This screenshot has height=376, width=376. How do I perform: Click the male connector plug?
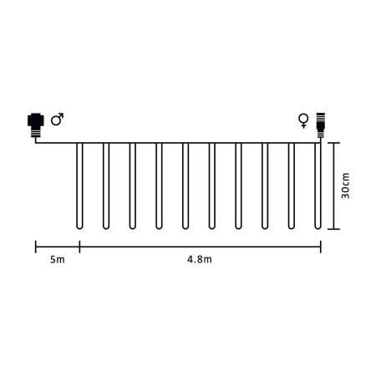click(x=36, y=124)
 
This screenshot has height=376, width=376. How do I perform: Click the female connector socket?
click(x=321, y=125)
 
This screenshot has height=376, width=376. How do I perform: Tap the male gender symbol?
click(x=57, y=119)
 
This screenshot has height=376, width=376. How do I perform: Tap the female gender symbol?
click(x=303, y=120)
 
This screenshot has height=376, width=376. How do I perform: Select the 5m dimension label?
click(x=58, y=260)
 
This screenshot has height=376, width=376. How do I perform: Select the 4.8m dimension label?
click(x=200, y=260)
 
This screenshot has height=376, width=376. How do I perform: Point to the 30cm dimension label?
click(x=345, y=185)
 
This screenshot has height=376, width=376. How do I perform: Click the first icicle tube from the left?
click(x=79, y=186)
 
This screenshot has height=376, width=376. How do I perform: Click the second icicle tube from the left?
click(x=106, y=186)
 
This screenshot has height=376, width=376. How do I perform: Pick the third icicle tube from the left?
click(x=133, y=186)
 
